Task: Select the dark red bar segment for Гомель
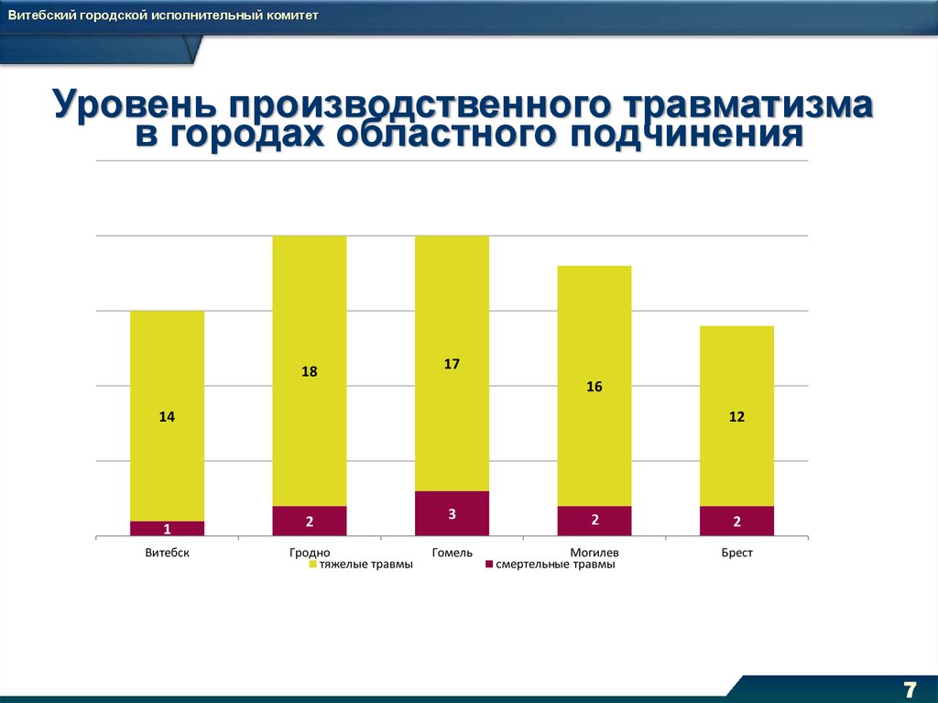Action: click(x=452, y=513)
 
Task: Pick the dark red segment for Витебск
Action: click(x=167, y=528)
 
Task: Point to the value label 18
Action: click(x=310, y=372)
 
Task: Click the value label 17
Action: click(x=452, y=364)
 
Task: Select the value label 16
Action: click(x=594, y=387)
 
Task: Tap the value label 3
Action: click(x=452, y=514)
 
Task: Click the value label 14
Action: click(x=167, y=417)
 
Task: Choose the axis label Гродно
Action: click(x=310, y=553)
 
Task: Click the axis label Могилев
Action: click(x=594, y=553)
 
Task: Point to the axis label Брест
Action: click(x=736, y=553)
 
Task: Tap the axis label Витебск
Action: click(x=167, y=553)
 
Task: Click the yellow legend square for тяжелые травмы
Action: click(x=312, y=565)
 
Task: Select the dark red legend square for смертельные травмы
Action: click(x=489, y=565)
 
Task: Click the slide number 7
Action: click(x=910, y=689)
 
